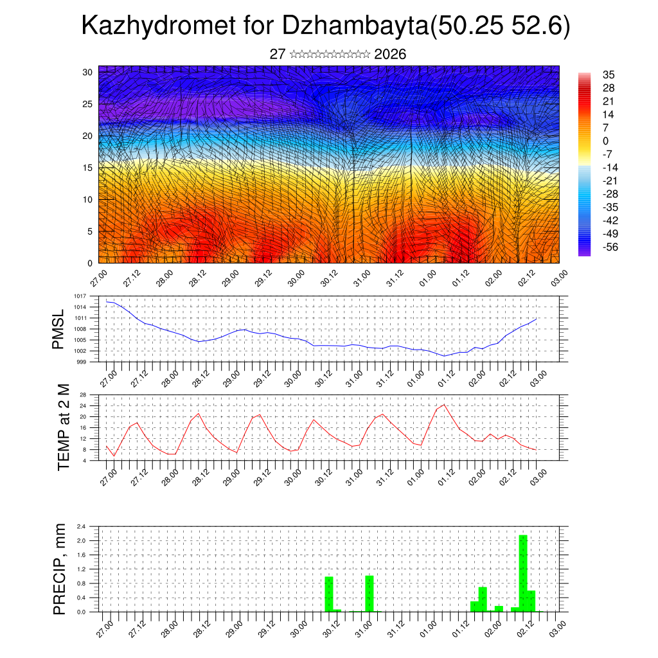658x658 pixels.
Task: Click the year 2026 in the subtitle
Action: pyautogui.click(x=389, y=55)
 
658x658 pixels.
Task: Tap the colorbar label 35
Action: pyautogui.click(x=609, y=75)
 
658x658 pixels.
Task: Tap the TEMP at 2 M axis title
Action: pyautogui.click(x=63, y=427)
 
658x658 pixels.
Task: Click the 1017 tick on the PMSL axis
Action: pyautogui.click(x=79, y=296)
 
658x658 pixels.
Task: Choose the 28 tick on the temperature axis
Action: pyautogui.click(x=83, y=395)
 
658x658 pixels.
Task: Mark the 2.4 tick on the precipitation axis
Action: pyautogui.click(x=81, y=526)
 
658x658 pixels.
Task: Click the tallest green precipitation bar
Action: pyautogui.click(x=523, y=572)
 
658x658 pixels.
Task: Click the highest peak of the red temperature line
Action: pyautogui.click(x=444, y=404)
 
